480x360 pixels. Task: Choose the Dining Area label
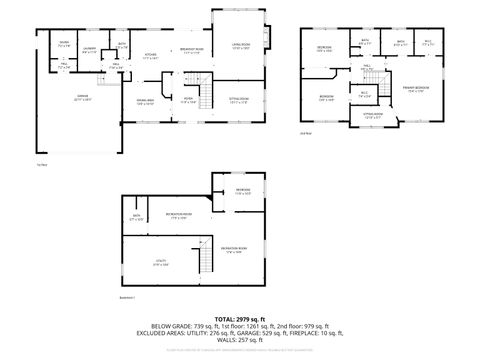(144, 101)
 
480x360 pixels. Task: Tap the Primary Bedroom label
(414, 89)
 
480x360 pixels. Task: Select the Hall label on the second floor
(366, 67)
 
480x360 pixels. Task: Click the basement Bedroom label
(243, 191)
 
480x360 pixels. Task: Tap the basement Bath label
(137, 217)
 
